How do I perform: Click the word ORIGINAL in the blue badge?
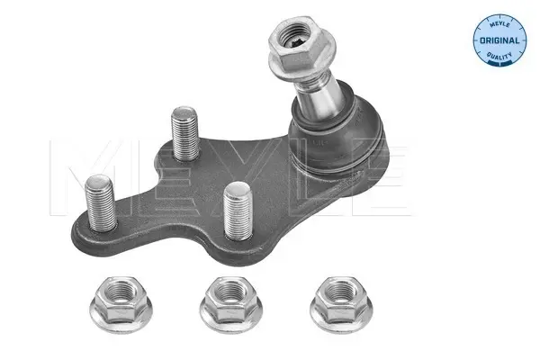[x=499, y=40]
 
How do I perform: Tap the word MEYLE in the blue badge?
[x=499, y=24]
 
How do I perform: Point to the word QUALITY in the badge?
[x=499, y=56]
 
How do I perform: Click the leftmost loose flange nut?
[x=121, y=304]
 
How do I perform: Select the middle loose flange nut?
[x=230, y=304]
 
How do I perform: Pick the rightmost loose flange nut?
[x=341, y=304]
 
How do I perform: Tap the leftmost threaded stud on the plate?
[x=101, y=202]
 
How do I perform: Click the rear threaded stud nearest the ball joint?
[x=184, y=133]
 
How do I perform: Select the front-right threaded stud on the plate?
[x=238, y=211]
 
